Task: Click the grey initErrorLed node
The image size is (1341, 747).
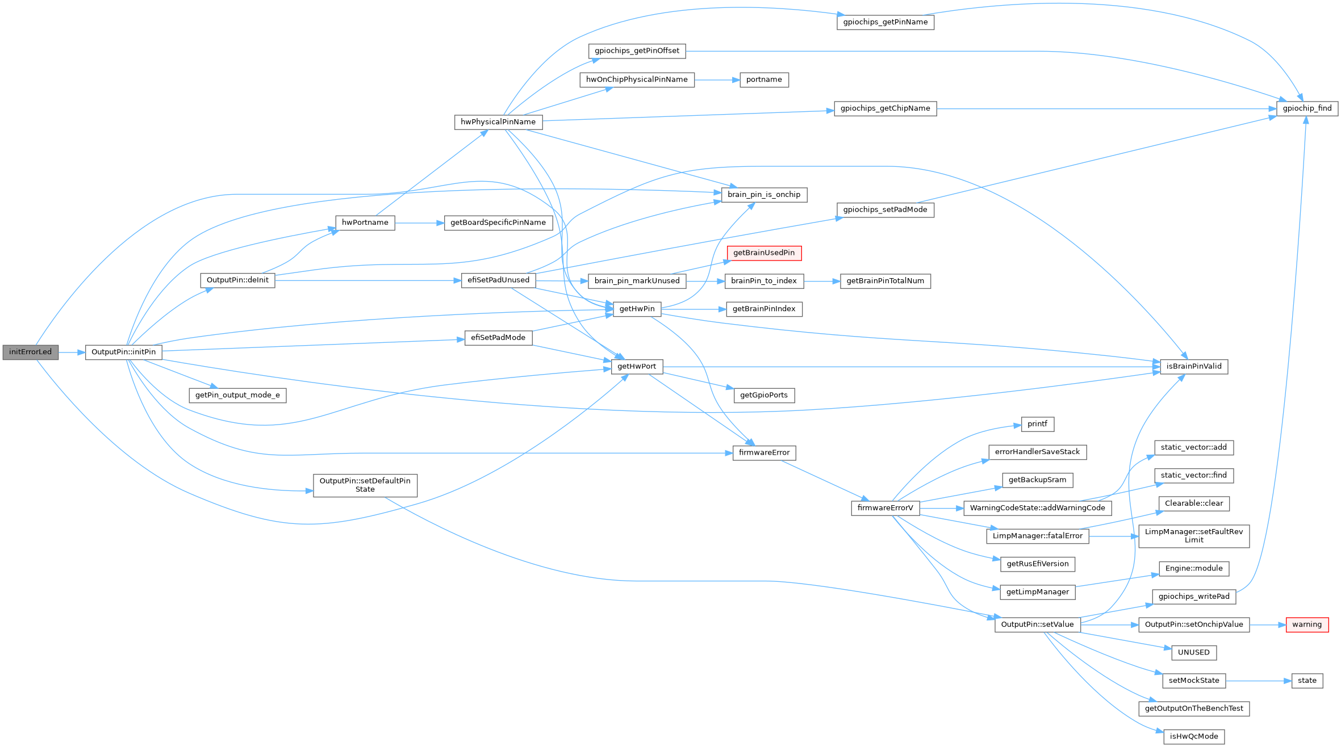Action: tap(30, 352)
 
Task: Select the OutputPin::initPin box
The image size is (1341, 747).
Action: tap(123, 352)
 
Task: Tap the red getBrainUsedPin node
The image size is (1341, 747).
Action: tap(764, 253)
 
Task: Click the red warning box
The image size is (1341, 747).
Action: tap(1306, 624)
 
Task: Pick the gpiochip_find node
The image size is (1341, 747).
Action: tap(1307, 108)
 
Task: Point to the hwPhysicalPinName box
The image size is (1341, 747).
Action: tap(498, 122)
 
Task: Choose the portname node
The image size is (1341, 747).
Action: tap(764, 80)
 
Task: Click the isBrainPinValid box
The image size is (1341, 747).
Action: tap(1194, 367)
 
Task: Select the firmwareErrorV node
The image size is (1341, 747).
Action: tap(885, 508)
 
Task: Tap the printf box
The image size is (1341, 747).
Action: tap(1037, 424)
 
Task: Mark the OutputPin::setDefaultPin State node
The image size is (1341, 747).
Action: tap(365, 485)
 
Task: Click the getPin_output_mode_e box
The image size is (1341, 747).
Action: tap(237, 396)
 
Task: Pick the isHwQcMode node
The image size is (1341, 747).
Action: tap(1194, 737)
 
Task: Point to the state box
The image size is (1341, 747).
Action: tap(1307, 681)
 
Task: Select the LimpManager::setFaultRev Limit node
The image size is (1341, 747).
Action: tap(1194, 536)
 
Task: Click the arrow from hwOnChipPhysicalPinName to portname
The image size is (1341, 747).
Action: tap(717, 80)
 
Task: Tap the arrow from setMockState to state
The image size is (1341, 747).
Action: tap(1258, 681)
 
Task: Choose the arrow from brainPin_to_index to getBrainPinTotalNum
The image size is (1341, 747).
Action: tap(821, 281)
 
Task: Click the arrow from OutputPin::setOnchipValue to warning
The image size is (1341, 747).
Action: tap(1267, 624)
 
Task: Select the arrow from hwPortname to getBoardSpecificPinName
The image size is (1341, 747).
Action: tap(419, 223)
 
